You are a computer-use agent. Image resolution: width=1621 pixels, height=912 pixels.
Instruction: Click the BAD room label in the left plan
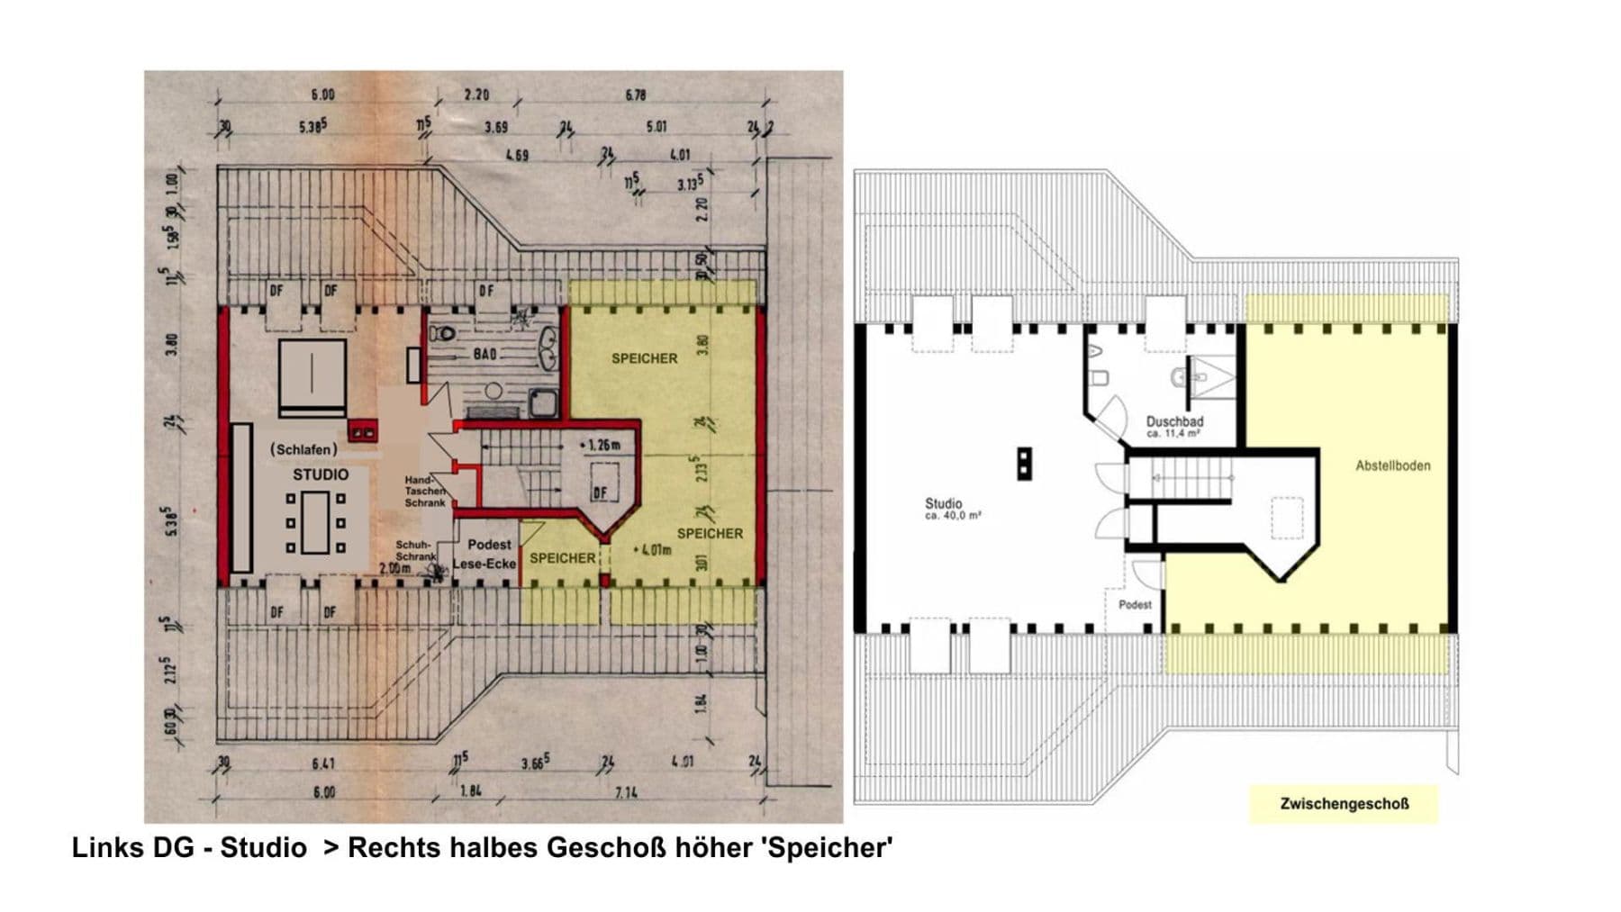click(x=484, y=355)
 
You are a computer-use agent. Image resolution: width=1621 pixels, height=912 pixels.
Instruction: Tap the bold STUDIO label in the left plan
click(x=321, y=474)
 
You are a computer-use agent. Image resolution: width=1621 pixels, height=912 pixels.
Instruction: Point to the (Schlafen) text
click(x=304, y=449)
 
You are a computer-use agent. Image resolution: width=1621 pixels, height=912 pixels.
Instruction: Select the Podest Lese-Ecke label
click(x=487, y=555)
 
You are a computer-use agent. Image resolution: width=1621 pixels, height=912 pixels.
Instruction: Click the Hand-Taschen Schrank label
click(x=425, y=492)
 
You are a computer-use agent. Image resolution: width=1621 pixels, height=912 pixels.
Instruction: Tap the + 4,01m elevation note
click(x=653, y=549)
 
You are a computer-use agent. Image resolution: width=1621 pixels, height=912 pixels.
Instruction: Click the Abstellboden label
click(x=1392, y=466)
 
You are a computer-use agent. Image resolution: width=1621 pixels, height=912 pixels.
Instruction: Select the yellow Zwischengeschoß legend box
click(x=1344, y=804)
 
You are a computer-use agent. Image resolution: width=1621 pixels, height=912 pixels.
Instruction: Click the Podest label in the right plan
click(x=1135, y=605)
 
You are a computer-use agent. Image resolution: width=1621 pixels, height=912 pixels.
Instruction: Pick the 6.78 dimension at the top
click(x=636, y=95)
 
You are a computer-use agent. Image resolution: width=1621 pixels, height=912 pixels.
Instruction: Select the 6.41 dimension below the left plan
click(x=323, y=764)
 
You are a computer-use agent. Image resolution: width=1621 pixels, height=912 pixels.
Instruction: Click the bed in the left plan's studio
click(x=312, y=377)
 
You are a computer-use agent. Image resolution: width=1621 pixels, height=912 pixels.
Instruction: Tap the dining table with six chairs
click(x=315, y=522)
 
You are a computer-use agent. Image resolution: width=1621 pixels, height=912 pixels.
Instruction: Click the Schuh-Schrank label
click(x=415, y=551)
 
